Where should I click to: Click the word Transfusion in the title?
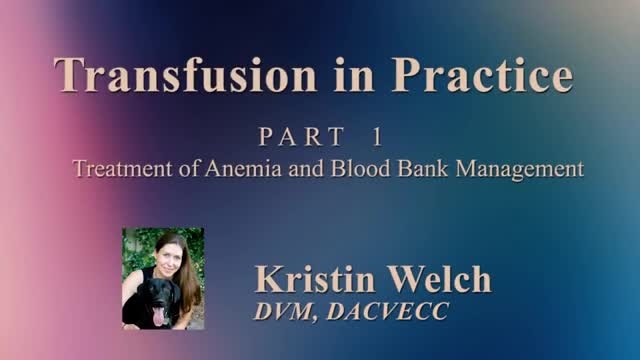[x=185, y=75]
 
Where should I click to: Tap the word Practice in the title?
[x=482, y=75]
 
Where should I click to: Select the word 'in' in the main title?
[x=354, y=75]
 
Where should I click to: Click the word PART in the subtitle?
[x=302, y=136]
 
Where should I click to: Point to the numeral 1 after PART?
[x=377, y=136]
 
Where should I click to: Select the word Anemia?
[x=243, y=168]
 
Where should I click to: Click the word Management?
[x=520, y=169]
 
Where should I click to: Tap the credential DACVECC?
[x=388, y=311]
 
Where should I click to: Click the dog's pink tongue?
[x=158, y=316]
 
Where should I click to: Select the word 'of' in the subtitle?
[x=189, y=168]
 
